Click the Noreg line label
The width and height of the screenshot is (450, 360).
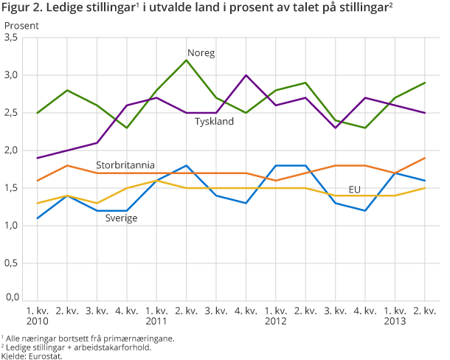[x=201, y=53]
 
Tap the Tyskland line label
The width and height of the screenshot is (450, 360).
[x=215, y=122]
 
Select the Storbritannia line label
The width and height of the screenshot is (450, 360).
[x=125, y=164]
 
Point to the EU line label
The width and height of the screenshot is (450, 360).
[x=355, y=190]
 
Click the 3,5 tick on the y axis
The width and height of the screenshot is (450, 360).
[x=13, y=38]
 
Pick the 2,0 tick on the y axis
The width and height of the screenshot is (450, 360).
[x=13, y=150]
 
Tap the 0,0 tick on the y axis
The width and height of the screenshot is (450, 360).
[x=13, y=298]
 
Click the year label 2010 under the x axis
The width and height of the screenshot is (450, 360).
[x=37, y=322]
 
